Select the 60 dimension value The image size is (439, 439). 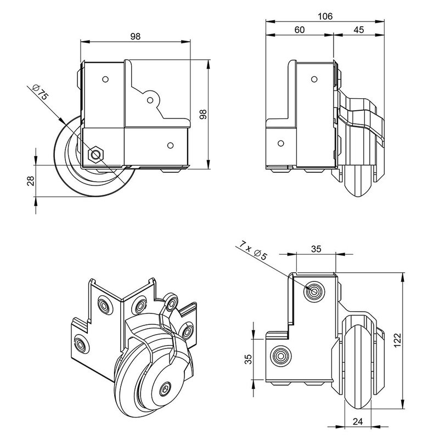tap(299, 30)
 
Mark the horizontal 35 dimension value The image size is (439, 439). tap(316, 248)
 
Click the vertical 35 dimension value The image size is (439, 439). tap(248, 359)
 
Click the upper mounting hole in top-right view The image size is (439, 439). tap(315, 79)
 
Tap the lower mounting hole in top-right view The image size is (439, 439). tap(282, 144)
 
